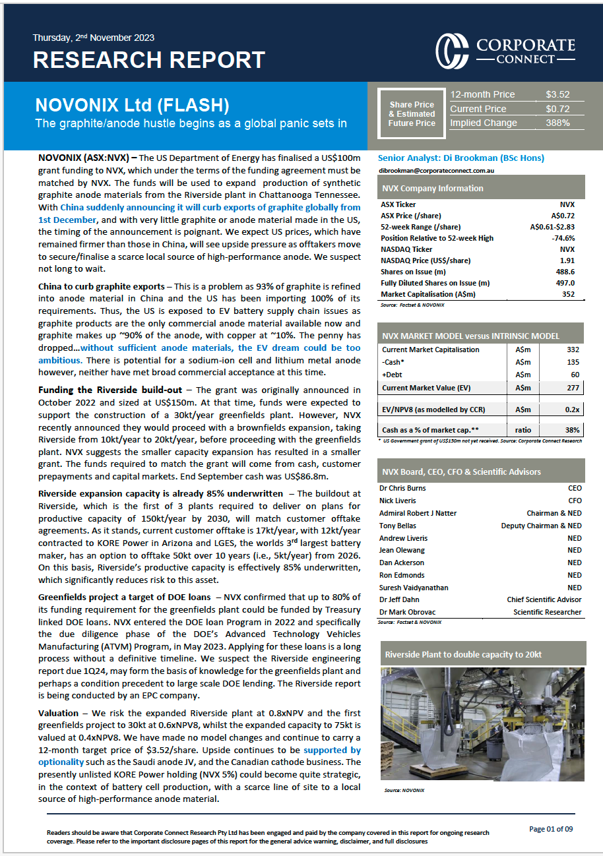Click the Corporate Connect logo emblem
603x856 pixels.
click(452, 49)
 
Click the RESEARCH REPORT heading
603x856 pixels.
click(148, 60)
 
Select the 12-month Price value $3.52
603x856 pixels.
click(557, 94)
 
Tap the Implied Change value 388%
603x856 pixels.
click(557, 123)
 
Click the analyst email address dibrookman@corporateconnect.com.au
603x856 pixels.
click(437, 171)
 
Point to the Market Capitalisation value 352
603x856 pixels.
click(567, 294)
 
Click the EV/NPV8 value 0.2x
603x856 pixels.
click(571, 409)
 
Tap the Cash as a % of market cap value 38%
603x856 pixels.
click(571, 430)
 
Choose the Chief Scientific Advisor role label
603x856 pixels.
click(544, 599)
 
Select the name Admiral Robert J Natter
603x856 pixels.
click(418, 513)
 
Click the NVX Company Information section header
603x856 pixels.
click(433, 189)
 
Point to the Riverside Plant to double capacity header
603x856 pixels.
click(463, 654)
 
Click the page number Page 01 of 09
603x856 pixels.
click(555, 829)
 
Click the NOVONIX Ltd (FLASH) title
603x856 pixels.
click(132, 106)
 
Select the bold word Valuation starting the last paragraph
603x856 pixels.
click(58, 714)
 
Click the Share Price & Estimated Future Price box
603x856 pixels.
click(412, 114)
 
